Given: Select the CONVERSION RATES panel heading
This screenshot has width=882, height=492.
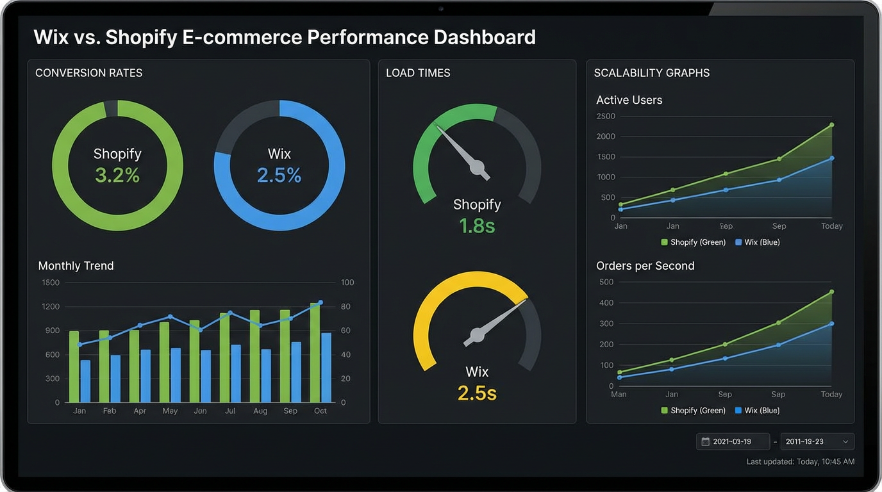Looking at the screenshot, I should pyautogui.click(x=88, y=73).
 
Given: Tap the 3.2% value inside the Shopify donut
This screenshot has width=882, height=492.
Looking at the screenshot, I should pyautogui.click(x=117, y=175).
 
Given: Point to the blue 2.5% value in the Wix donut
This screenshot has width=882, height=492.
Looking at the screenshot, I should pyautogui.click(x=279, y=175).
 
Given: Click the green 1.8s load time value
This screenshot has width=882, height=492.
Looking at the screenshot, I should pyautogui.click(x=477, y=225).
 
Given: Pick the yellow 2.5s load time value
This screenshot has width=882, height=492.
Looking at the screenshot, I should pyautogui.click(x=477, y=393).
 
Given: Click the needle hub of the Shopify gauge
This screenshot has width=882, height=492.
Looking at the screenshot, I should pyautogui.click(x=477, y=168).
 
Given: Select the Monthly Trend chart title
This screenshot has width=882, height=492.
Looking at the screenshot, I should pyautogui.click(x=76, y=266).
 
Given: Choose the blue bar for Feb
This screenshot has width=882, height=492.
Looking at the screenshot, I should pyautogui.click(x=115, y=379).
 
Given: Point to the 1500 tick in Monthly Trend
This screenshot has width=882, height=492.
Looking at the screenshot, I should pyautogui.click(x=50, y=283).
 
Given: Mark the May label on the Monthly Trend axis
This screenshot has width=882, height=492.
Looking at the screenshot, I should pyautogui.click(x=170, y=411).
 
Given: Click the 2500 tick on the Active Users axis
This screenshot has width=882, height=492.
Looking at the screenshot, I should pyautogui.click(x=606, y=117).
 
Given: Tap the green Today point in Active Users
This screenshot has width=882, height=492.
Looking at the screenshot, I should pyautogui.click(x=831, y=125).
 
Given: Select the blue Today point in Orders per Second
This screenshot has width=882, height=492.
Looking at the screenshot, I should pyautogui.click(x=831, y=324).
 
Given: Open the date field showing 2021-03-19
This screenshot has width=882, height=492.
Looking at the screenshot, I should pyautogui.click(x=733, y=441).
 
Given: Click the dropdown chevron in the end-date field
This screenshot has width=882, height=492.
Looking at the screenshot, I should pyautogui.click(x=845, y=441).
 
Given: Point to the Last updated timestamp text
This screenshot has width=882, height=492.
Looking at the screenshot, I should pyautogui.click(x=800, y=462).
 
